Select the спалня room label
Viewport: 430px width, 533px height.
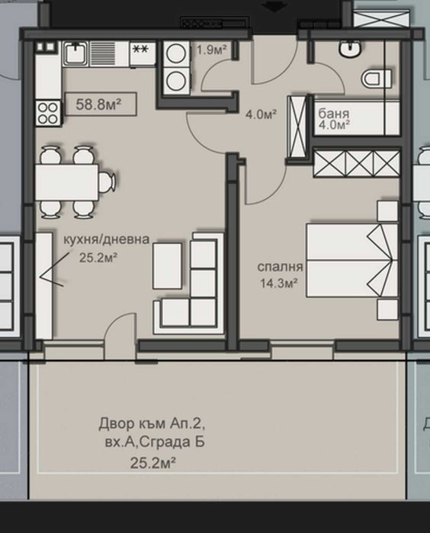[x=281, y=267]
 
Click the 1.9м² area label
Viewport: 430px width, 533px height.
[x=212, y=50]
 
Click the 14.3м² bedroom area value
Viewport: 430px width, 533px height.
[x=279, y=284]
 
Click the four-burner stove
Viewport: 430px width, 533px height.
[x=48, y=114]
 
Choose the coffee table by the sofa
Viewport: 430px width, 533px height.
[x=168, y=263]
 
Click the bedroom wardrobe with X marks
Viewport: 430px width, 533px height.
[x=356, y=164]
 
